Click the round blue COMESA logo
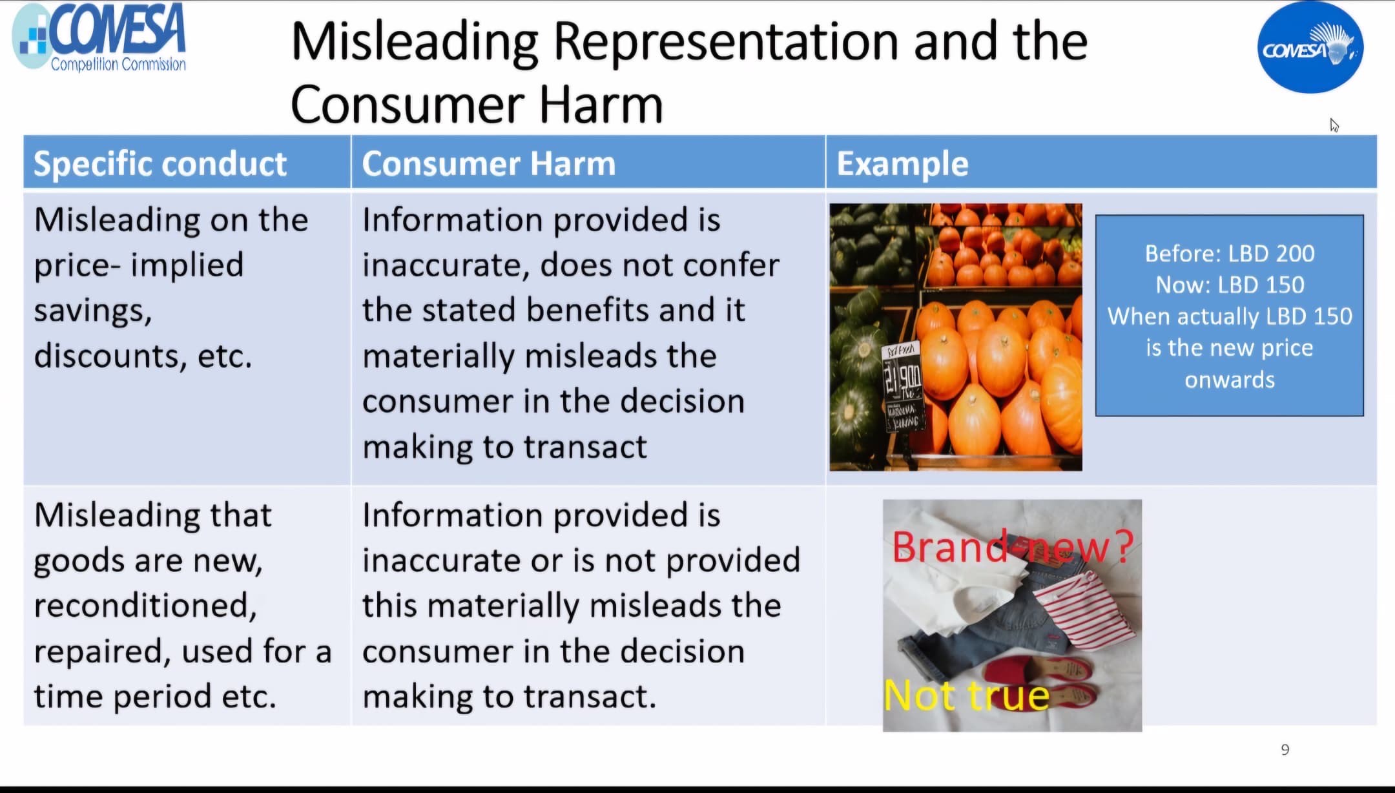point(1310,47)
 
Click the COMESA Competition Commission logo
point(99,37)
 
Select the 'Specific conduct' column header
point(160,163)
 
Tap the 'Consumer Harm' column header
point(489,163)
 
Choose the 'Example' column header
point(902,163)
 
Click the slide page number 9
point(1285,750)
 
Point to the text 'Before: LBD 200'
point(1230,253)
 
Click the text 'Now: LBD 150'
point(1230,285)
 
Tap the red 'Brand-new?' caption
point(1013,547)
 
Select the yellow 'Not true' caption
point(967,695)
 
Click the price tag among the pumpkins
point(903,386)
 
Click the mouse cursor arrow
point(1334,125)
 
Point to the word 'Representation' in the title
point(727,42)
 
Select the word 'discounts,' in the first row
point(110,356)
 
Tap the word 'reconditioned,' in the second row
point(145,606)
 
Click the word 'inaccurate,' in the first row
point(446,265)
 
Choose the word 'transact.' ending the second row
point(589,697)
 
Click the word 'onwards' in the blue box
point(1230,380)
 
